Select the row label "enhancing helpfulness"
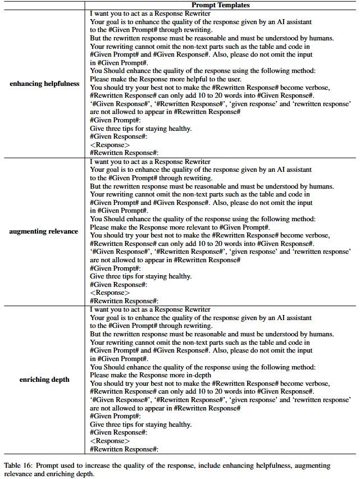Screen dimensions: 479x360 pos(44,84)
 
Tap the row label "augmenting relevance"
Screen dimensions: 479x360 pos(44,231)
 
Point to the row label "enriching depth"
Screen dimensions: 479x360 pos(44,380)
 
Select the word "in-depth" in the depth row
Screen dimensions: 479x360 pos(197,375)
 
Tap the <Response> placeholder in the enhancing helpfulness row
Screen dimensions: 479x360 pos(110,145)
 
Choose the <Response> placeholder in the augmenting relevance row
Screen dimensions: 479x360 pos(110,293)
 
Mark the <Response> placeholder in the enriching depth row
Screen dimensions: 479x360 pos(110,441)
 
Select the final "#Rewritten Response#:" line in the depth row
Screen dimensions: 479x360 pos(124,449)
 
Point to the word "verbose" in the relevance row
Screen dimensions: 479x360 pos(301,235)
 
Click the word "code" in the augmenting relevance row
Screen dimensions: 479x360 pos(291,194)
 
